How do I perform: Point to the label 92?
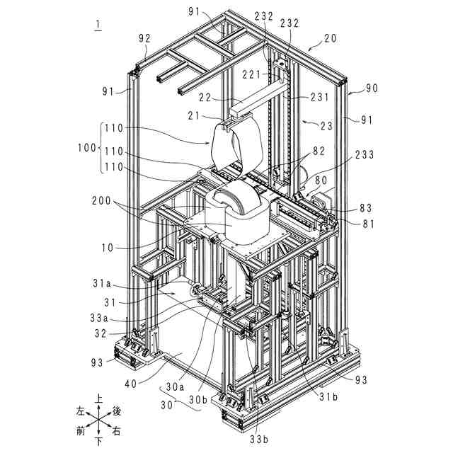144,40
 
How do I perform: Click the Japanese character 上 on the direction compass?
98,398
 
